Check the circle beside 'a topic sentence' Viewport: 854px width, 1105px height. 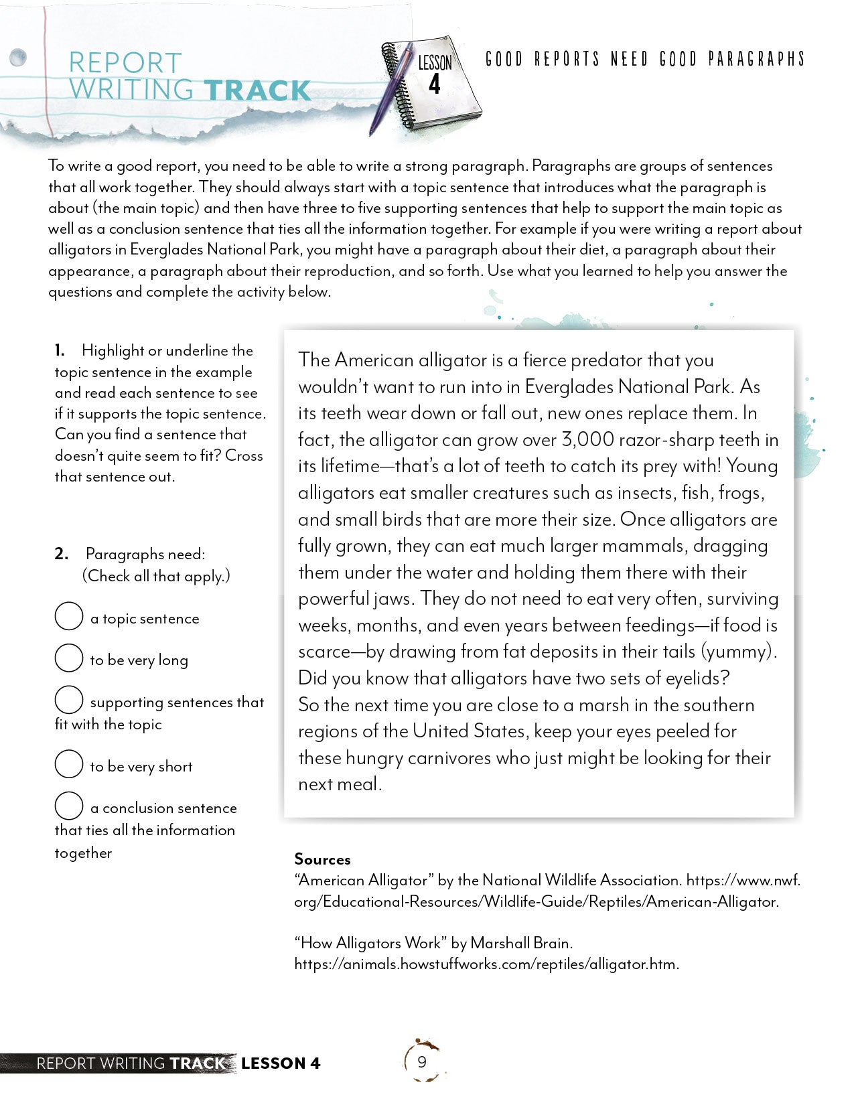[x=68, y=616]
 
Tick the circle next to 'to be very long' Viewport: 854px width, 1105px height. [x=68, y=658]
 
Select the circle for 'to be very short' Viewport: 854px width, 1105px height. [x=68, y=764]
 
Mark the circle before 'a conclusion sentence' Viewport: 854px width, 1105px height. [x=68, y=806]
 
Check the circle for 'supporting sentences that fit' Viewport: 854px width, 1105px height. [x=68, y=700]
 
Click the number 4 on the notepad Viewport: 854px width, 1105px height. [x=435, y=85]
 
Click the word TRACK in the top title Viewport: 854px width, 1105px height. [x=257, y=91]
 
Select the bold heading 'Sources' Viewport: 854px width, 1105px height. [x=322, y=859]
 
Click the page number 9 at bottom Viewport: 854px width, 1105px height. [x=421, y=1061]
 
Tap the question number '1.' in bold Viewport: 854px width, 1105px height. [x=60, y=350]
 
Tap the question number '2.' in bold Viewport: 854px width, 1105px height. [x=61, y=554]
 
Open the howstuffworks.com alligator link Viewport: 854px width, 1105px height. [x=486, y=964]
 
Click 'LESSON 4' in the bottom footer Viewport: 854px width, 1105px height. [x=281, y=1063]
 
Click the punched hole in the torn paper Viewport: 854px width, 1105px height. [x=18, y=58]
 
